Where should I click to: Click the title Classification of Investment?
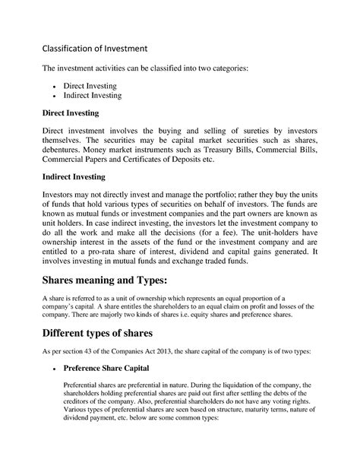(99, 48)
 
